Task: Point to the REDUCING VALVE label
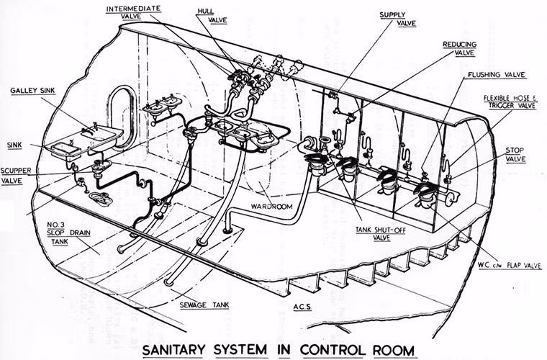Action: (x=459, y=48)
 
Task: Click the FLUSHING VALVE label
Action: (x=497, y=74)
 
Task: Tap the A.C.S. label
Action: (x=302, y=305)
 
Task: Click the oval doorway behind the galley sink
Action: (x=123, y=115)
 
